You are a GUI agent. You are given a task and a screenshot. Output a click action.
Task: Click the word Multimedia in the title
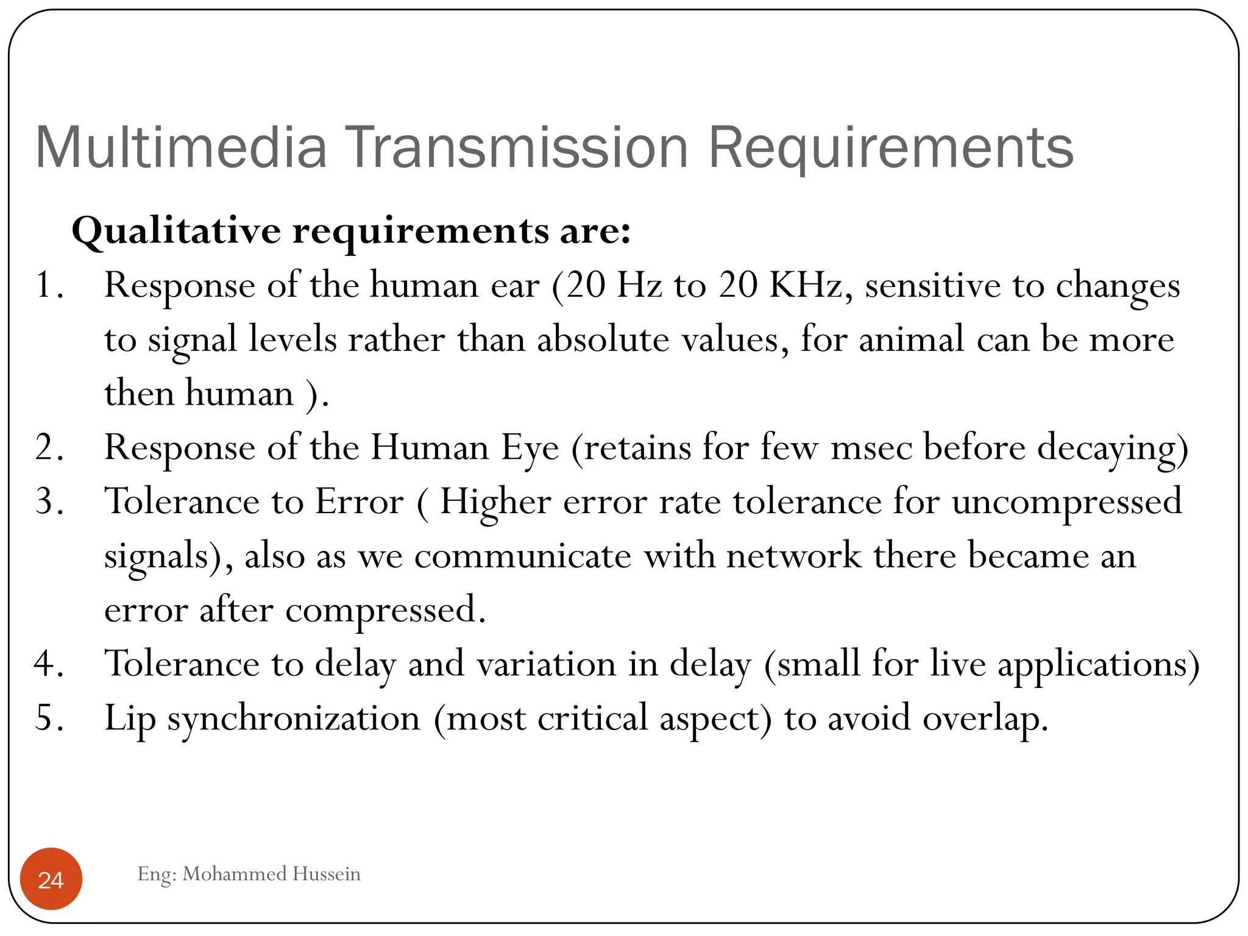(181, 147)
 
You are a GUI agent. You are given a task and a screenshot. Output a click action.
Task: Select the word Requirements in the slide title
(890, 147)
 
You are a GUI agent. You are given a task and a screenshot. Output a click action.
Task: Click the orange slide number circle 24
(51, 879)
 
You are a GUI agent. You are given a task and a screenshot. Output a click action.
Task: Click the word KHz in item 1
(806, 285)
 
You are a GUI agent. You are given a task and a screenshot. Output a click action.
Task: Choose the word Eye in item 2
(530, 448)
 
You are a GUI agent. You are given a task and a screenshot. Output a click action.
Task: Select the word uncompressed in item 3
(1066, 502)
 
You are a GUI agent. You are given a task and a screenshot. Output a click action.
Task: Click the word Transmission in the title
(517, 147)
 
